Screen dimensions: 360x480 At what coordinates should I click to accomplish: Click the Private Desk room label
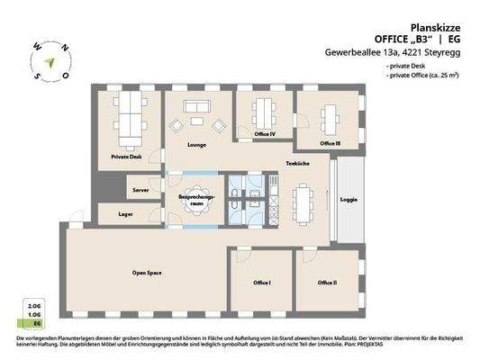pyautogui.click(x=126, y=156)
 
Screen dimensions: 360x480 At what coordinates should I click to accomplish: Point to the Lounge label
pyautogui.click(x=197, y=144)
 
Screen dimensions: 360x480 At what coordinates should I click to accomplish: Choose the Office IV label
pyautogui.click(x=264, y=134)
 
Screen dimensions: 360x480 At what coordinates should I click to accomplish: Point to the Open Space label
pyautogui.click(x=147, y=272)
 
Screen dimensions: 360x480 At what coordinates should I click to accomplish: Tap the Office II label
pyautogui.click(x=328, y=282)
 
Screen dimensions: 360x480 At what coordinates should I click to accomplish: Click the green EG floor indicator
pyautogui.click(x=37, y=321)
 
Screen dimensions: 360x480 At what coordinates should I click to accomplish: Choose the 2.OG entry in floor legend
pyautogui.click(x=37, y=307)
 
